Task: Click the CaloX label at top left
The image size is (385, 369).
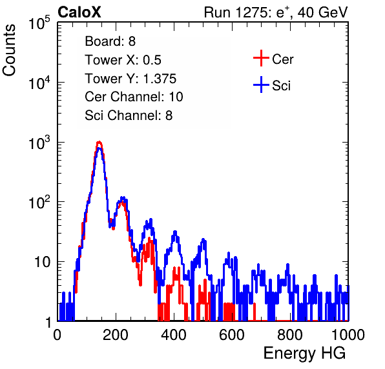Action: tap(79, 12)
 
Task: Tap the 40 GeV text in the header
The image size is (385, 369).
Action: tap(322, 12)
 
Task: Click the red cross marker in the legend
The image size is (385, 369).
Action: tap(261, 58)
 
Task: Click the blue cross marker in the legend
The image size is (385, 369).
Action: tap(261, 85)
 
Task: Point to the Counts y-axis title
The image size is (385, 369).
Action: tap(9, 50)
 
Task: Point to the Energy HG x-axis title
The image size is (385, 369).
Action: tap(304, 353)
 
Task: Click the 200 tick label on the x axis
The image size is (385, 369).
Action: tap(116, 335)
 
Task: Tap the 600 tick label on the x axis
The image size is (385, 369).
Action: tap(231, 335)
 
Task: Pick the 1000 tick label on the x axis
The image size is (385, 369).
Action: tap(348, 335)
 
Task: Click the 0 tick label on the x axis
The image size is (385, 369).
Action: tap(57, 335)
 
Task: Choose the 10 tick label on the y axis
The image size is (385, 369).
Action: tap(43, 262)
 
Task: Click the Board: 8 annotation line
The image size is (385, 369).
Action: tap(110, 41)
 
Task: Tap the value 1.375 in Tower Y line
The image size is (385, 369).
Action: tap(160, 79)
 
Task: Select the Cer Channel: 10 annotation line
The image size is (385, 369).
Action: tap(134, 97)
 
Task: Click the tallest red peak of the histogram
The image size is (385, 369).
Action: tap(99, 142)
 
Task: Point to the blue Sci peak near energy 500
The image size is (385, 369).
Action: tap(203, 240)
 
